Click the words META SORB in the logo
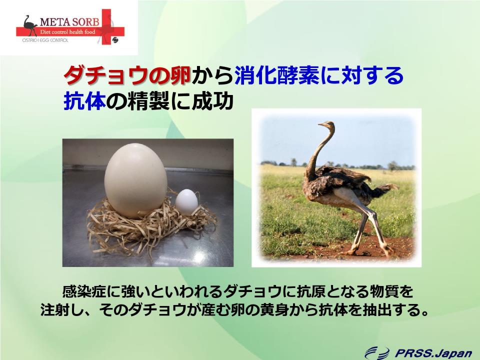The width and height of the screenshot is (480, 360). (x=70, y=22)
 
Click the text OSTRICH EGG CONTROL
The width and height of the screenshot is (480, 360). (x=45, y=40)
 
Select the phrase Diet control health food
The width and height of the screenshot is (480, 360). (x=67, y=32)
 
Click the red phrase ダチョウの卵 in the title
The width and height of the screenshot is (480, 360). (x=127, y=75)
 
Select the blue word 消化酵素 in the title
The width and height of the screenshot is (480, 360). (x=277, y=75)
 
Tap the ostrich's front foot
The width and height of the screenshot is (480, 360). (x=352, y=251)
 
